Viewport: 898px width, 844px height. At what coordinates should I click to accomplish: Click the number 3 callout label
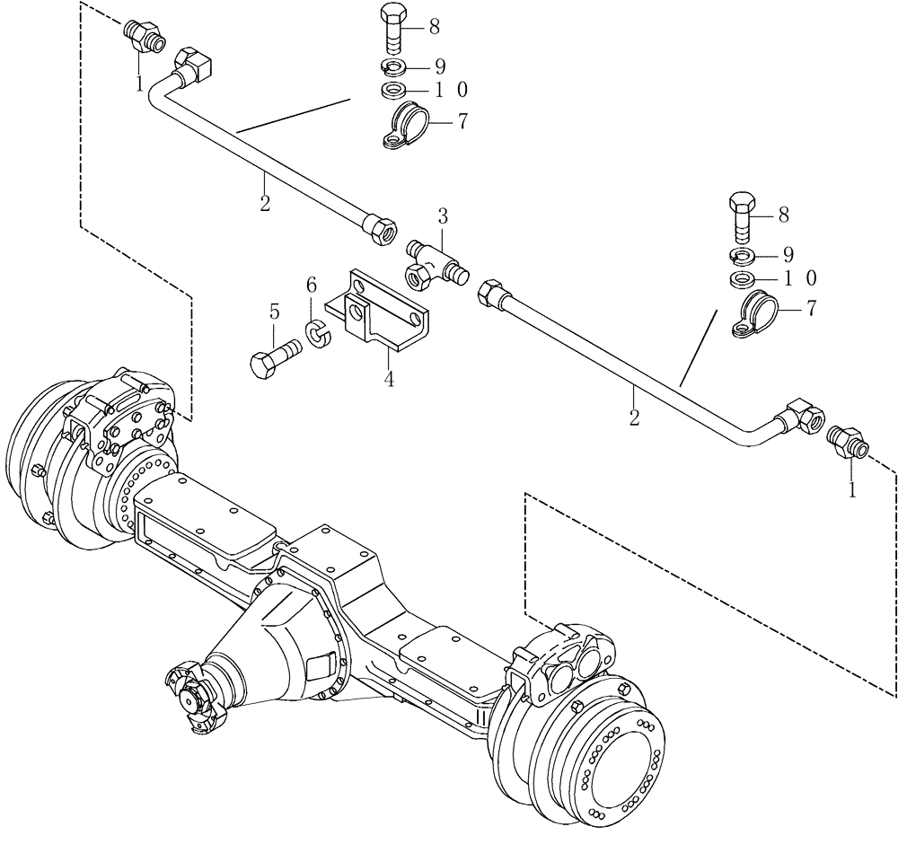tap(442, 215)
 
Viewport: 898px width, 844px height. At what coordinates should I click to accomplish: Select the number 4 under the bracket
tap(389, 379)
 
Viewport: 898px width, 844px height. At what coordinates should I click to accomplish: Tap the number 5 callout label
tap(275, 312)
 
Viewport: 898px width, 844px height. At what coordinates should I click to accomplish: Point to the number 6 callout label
tap(312, 285)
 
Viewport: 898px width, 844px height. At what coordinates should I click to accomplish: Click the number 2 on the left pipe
tap(265, 204)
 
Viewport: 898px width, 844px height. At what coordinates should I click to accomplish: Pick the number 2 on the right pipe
tap(634, 418)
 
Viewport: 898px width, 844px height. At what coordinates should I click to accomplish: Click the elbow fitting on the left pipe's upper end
tap(190, 66)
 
